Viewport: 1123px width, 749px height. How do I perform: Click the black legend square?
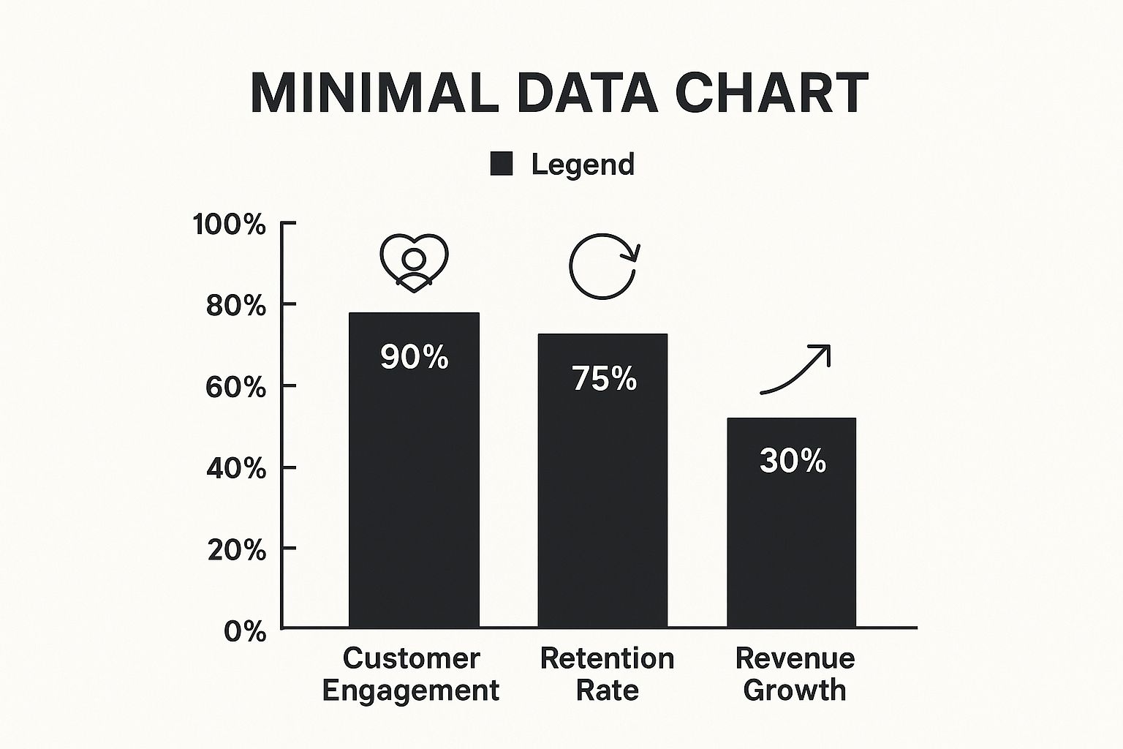(x=501, y=165)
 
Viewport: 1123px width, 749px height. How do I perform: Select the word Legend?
(x=583, y=165)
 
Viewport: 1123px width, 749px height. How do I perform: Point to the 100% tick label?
(x=230, y=225)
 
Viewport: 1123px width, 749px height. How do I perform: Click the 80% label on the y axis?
(x=236, y=306)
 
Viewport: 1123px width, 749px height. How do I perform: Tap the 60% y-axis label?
(x=236, y=387)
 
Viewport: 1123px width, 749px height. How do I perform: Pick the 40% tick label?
(x=236, y=468)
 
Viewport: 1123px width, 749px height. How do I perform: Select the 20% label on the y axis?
(x=236, y=550)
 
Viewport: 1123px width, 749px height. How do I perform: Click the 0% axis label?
(x=245, y=631)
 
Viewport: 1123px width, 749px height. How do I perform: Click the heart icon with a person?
(x=414, y=263)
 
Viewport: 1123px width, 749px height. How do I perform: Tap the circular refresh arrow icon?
(x=604, y=266)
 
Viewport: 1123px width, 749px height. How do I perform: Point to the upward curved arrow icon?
(x=795, y=369)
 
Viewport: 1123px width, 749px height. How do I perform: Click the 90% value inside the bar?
(x=414, y=357)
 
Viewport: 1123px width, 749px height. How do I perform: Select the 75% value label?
(x=604, y=379)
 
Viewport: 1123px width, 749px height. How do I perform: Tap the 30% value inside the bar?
(x=793, y=461)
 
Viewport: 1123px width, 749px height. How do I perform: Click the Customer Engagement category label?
(x=411, y=674)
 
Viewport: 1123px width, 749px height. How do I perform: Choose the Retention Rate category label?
(x=607, y=674)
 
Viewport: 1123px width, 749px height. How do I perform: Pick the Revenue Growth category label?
(x=795, y=674)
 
